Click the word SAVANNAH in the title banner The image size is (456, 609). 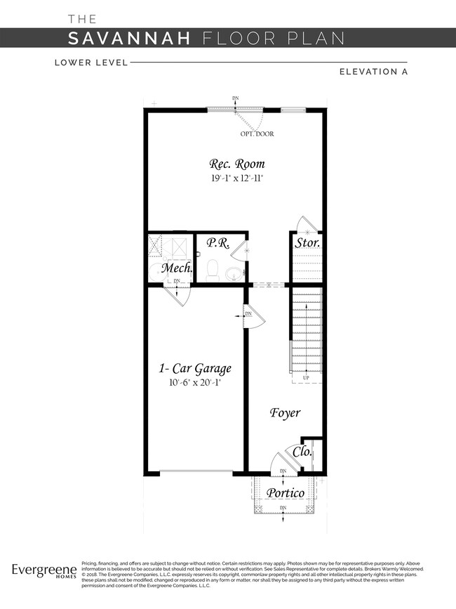tap(130, 38)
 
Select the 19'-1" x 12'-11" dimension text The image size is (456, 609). tap(238, 178)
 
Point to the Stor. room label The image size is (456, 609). tap(307, 243)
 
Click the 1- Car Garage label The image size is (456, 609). tap(194, 368)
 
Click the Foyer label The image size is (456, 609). tap(285, 412)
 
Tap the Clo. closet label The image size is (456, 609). tap(302, 452)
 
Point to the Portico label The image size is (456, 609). tap(286, 493)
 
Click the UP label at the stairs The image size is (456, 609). tap(306, 379)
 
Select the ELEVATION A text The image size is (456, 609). tap(373, 71)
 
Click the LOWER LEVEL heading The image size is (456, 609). tap(91, 63)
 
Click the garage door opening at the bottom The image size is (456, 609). tap(197, 471)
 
